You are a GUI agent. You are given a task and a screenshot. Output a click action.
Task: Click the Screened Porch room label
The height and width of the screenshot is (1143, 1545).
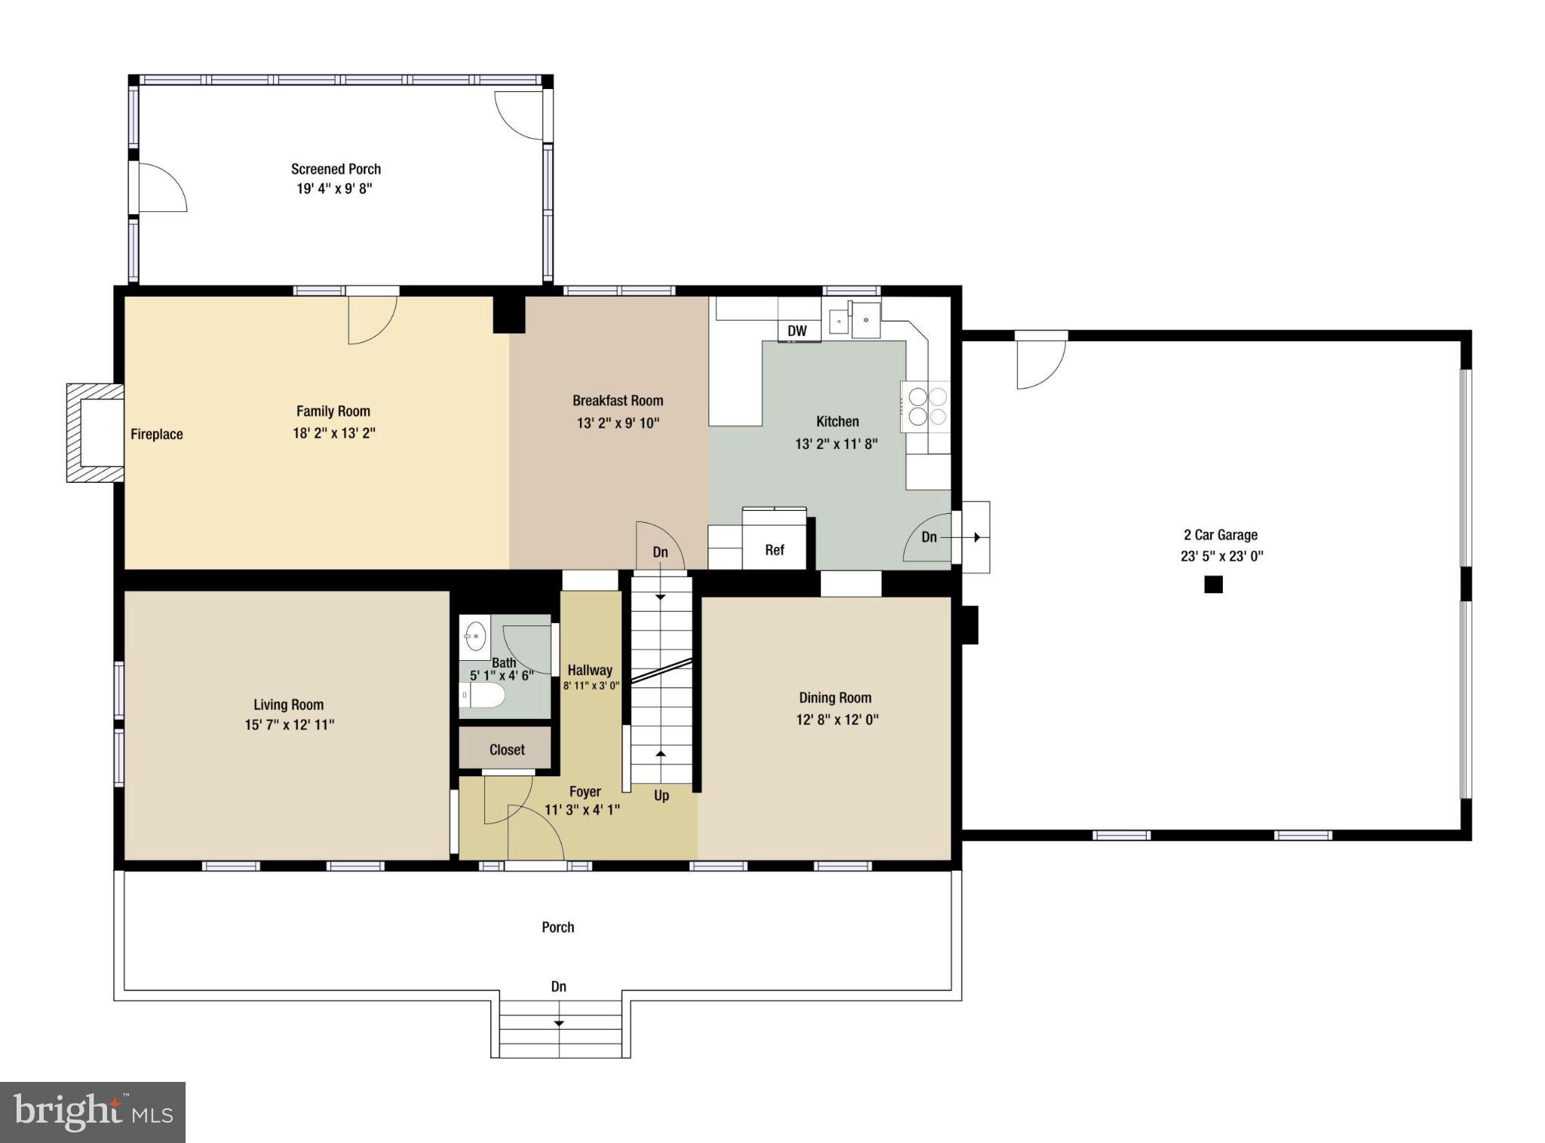[336, 169]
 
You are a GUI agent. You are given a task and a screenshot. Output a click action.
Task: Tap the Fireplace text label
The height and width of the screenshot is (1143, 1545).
[156, 434]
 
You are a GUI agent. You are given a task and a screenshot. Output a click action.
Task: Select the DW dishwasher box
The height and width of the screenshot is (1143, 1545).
[797, 330]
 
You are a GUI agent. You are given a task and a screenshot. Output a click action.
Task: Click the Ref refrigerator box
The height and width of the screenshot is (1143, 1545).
[774, 550]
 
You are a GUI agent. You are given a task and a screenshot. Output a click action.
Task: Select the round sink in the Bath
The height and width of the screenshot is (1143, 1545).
[475, 637]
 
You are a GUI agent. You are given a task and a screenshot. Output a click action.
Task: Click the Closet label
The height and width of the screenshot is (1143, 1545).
[506, 749]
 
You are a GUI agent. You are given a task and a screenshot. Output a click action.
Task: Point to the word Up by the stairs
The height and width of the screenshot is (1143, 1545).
[661, 795]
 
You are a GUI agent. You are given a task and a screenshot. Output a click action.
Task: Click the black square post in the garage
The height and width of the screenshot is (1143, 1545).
[1213, 584]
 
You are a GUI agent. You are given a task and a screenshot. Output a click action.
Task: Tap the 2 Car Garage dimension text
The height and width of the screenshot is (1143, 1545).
[1221, 556]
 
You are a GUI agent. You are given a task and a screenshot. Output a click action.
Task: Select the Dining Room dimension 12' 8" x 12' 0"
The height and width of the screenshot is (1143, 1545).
[837, 719]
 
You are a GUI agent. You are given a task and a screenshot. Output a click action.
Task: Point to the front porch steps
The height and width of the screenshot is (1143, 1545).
[560, 1030]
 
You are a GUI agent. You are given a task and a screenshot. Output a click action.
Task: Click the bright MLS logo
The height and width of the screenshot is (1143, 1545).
[93, 1112]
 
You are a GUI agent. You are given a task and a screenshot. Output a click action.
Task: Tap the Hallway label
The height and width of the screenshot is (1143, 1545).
[589, 670]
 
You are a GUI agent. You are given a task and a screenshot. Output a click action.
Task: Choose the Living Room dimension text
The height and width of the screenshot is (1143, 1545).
[289, 724]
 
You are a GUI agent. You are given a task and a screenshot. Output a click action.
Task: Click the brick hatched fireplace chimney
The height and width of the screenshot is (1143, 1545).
[94, 432]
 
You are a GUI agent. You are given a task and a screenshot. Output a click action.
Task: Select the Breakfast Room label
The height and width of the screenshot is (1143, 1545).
[617, 401]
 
